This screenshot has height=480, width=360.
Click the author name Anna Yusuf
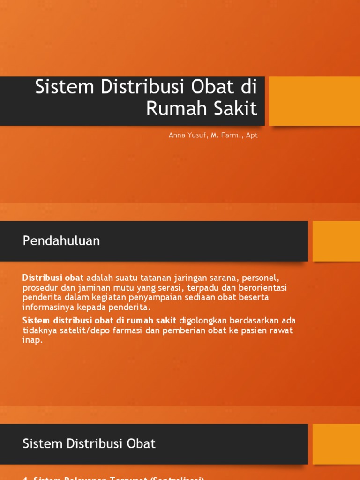pos(186,135)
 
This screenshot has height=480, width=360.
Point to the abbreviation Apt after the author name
pos(252,135)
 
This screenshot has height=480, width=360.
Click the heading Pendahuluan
pos(61,241)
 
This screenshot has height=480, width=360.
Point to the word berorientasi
pos(262,287)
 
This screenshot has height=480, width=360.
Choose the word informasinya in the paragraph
pos(48,307)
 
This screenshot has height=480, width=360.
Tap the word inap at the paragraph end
pos(31,340)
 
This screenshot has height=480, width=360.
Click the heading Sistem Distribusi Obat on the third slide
pos(89,443)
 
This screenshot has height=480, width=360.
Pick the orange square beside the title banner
pos(314,101)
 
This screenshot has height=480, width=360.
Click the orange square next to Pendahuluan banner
pos(336,241)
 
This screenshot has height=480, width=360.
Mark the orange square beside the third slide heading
pos(336,443)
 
